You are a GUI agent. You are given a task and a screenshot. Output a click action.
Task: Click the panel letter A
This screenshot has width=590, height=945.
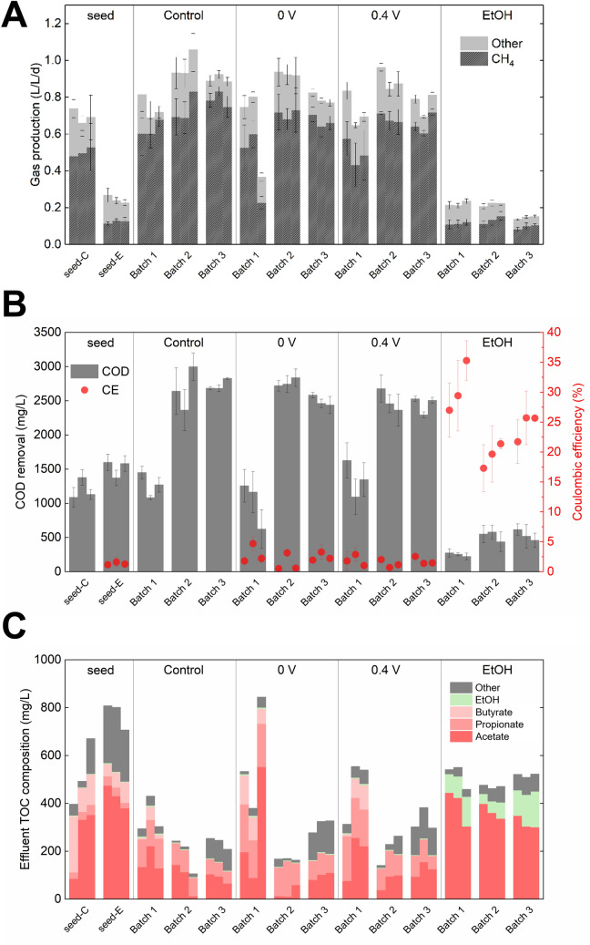click(18, 17)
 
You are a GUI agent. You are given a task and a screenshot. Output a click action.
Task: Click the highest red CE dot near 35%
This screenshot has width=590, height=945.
click(493, 361)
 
